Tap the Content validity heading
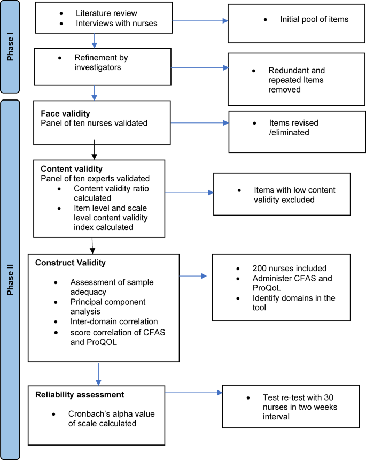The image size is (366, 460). click(68, 168)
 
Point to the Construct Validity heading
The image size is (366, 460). click(71, 263)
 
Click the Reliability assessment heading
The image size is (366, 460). click(80, 395)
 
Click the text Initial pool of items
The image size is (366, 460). click(314, 19)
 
